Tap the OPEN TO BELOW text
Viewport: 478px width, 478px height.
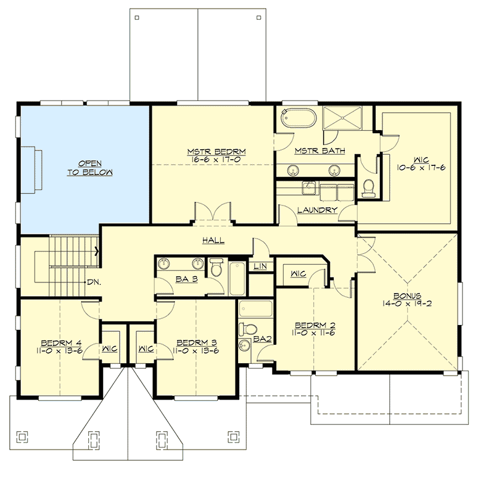(90, 168)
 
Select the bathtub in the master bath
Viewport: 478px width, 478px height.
(299, 118)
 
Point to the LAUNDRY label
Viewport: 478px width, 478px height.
(317, 210)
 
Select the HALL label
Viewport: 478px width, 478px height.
(213, 241)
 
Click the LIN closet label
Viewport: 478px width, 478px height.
(260, 266)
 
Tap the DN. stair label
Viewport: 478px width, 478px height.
(94, 282)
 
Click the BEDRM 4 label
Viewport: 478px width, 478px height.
(59, 343)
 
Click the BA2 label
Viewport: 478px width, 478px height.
(262, 339)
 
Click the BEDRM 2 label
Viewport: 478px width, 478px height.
(315, 325)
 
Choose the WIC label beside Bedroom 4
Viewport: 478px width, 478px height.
(112, 348)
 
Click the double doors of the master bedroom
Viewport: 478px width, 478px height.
(213, 213)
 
